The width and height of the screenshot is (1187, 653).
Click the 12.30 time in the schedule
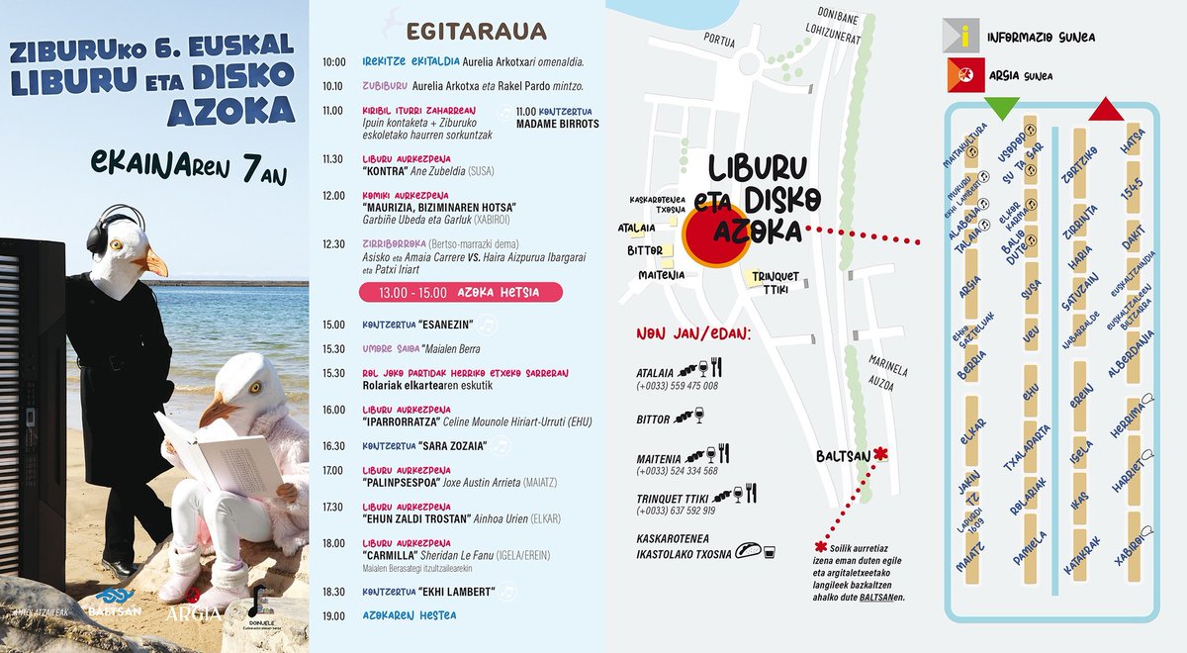[333, 243]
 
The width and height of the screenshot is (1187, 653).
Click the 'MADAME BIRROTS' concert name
[558, 124]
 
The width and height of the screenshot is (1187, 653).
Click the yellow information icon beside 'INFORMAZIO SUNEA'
[964, 37]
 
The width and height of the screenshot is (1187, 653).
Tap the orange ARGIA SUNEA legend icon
[964, 75]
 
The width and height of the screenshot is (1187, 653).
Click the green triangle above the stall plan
[1002, 109]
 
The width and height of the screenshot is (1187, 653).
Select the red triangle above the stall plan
[1106, 108]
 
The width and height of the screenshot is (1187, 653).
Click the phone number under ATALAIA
[677, 386]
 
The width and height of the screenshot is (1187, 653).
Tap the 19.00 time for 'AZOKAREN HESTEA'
[333, 615]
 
